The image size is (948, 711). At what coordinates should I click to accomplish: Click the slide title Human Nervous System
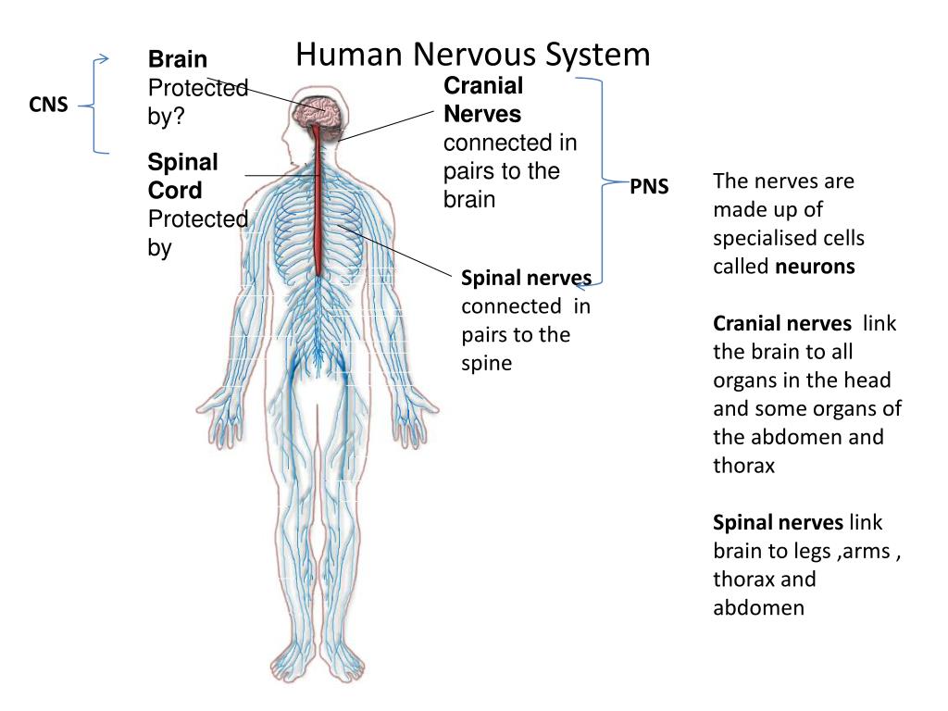[x=473, y=55]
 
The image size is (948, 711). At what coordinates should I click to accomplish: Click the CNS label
[x=48, y=106]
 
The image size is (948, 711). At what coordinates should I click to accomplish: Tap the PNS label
[x=649, y=188]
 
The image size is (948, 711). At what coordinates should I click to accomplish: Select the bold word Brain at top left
[x=178, y=60]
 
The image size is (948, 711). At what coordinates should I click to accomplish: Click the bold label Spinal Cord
[x=182, y=177]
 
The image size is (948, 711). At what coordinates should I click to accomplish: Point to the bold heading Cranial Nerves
[x=483, y=100]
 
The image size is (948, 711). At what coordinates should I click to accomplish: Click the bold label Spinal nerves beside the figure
[x=526, y=278]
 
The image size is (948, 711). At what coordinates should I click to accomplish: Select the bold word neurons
[x=815, y=267]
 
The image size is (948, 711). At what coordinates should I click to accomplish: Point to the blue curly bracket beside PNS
[x=599, y=181]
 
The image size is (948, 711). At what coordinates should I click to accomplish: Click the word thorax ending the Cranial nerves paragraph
[x=743, y=466]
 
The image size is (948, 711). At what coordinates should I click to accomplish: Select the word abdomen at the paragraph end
[x=758, y=608]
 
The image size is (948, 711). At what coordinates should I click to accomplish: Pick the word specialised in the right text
[x=789, y=238]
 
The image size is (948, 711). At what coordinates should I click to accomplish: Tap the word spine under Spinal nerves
[x=487, y=363]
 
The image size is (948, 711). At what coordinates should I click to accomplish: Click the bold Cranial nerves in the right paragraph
[x=782, y=324]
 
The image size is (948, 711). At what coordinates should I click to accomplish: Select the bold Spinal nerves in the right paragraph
[x=778, y=523]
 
